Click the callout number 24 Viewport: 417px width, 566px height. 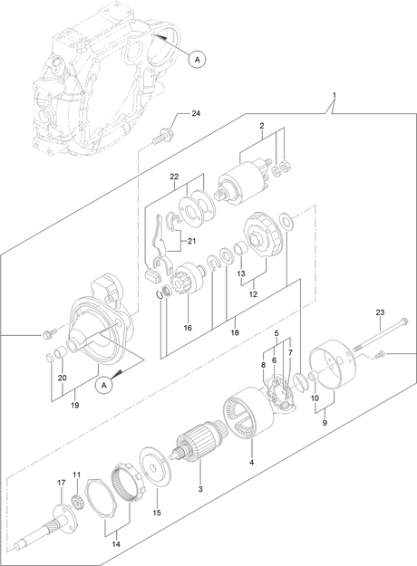coord(196,113)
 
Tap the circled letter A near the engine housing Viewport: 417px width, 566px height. coord(197,60)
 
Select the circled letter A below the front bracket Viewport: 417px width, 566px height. coord(104,385)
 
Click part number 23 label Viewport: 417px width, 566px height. coord(380,312)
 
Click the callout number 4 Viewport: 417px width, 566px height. coord(251,462)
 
